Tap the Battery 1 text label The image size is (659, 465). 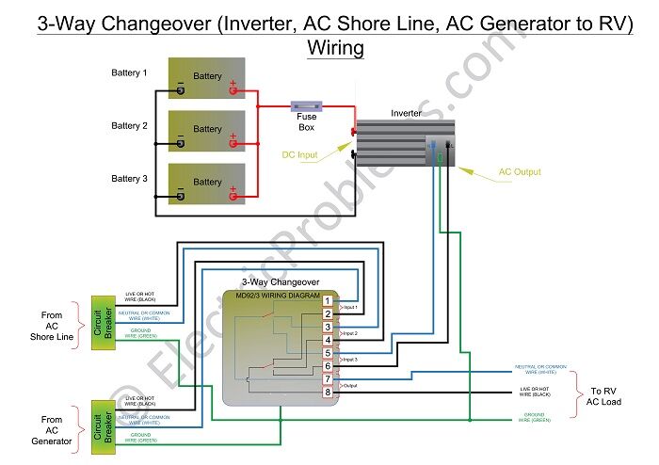click(x=129, y=72)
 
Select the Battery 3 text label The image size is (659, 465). click(x=129, y=178)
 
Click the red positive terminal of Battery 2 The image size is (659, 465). click(x=233, y=144)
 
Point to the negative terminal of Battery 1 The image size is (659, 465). click(x=179, y=91)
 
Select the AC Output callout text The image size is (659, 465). click(x=521, y=172)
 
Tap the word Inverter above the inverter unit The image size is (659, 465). click(x=407, y=113)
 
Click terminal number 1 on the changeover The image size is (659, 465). click(x=328, y=300)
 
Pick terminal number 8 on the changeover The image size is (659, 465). click(x=328, y=392)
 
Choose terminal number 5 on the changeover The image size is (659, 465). click(x=328, y=353)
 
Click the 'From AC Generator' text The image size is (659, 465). click(x=53, y=430)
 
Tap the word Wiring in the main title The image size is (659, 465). click(x=335, y=47)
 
